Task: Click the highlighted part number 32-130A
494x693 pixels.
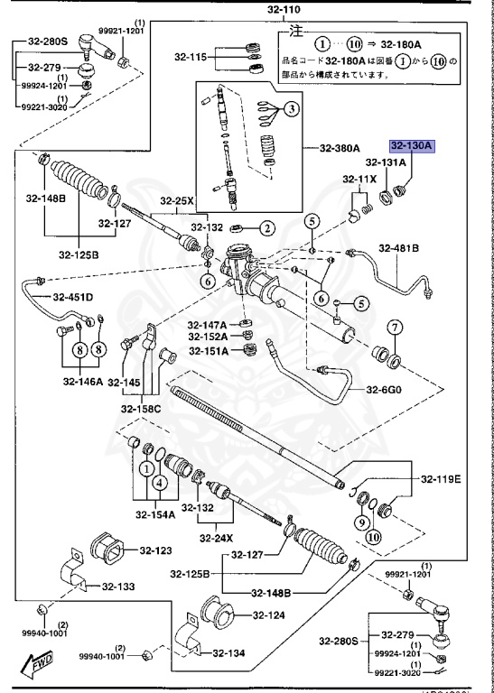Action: pos(413,145)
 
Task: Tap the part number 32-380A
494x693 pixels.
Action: pos(339,148)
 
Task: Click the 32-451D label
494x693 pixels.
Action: pos(72,296)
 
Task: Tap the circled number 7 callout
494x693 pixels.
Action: pos(395,327)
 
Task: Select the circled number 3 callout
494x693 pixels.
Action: pos(291,109)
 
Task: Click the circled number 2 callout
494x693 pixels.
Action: pos(268,228)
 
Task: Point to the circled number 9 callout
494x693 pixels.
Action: pos(360,522)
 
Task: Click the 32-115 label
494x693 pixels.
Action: pos(191,58)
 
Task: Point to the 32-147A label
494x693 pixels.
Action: pos(207,325)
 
